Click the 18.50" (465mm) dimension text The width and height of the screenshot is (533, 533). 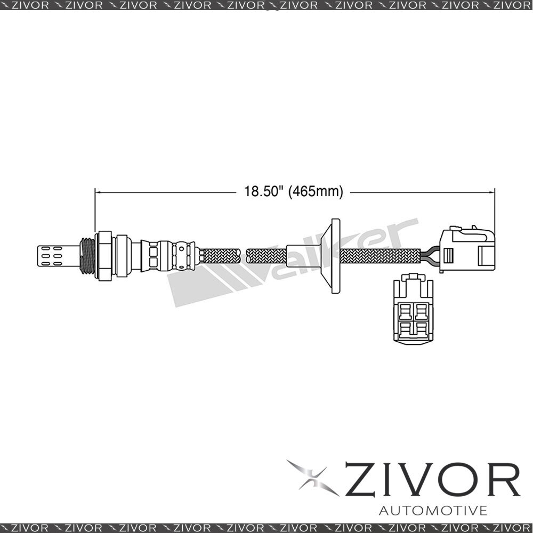click(x=294, y=191)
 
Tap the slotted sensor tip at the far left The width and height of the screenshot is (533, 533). click(x=58, y=256)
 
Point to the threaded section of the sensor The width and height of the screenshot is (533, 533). click(x=87, y=256)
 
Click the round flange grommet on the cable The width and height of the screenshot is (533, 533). click(x=331, y=256)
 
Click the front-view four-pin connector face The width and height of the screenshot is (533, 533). click(x=413, y=309)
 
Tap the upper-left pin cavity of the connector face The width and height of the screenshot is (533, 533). click(x=405, y=311)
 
